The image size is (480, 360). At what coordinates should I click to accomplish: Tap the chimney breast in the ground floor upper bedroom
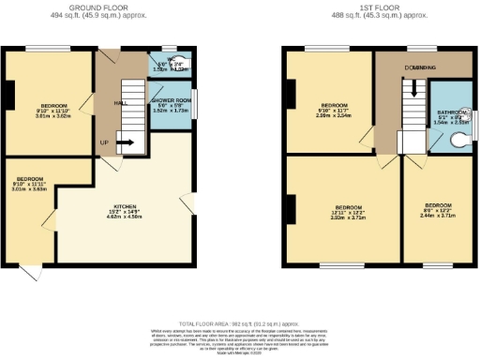[7, 95]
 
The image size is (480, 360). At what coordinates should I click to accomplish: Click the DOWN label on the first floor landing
[418, 67]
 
